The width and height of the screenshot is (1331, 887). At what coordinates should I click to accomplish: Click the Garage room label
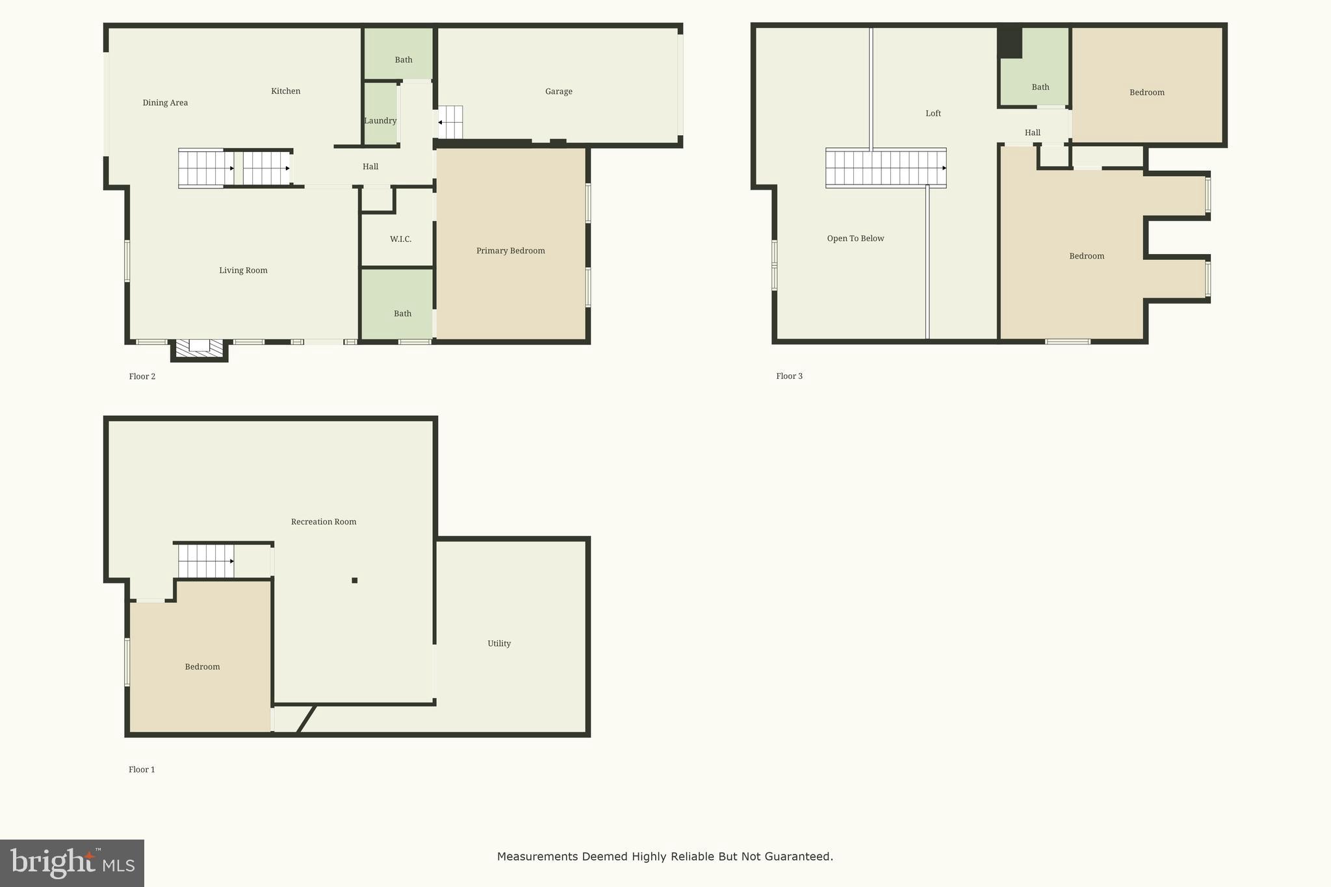tap(558, 92)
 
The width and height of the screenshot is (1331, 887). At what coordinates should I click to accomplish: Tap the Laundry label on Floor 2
tap(380, 121)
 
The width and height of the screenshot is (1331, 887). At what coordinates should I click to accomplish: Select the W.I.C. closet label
tap(400, 239)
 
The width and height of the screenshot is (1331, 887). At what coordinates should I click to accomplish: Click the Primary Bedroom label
tap(510, 251)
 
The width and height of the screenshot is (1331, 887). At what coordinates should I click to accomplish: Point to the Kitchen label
tap(285, 91)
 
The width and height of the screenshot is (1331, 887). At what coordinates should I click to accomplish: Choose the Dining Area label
tap(165, 103)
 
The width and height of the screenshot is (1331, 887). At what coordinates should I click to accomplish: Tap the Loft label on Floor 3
tap(933, 113)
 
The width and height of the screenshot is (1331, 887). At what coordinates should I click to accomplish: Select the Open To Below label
tap(855, 238)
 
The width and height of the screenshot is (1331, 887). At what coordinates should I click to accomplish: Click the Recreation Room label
tap(323, 522)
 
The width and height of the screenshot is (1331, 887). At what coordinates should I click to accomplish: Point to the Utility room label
tap(499, 643)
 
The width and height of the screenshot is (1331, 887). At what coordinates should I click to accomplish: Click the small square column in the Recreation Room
tap(354, 580)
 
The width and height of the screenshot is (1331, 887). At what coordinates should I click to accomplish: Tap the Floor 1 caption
tap(142, 769)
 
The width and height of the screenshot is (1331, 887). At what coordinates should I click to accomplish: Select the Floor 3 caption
tap(789, 376)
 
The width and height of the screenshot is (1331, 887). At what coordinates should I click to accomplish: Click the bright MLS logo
tap(71, 863)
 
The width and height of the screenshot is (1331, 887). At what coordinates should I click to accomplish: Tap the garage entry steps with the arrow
tap(450, 122)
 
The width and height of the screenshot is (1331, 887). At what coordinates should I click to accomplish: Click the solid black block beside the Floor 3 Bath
tap(1010, 42)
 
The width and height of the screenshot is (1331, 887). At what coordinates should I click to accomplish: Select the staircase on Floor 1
tap(206, 561)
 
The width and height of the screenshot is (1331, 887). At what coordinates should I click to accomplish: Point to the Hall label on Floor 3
tap(1032, 133)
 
